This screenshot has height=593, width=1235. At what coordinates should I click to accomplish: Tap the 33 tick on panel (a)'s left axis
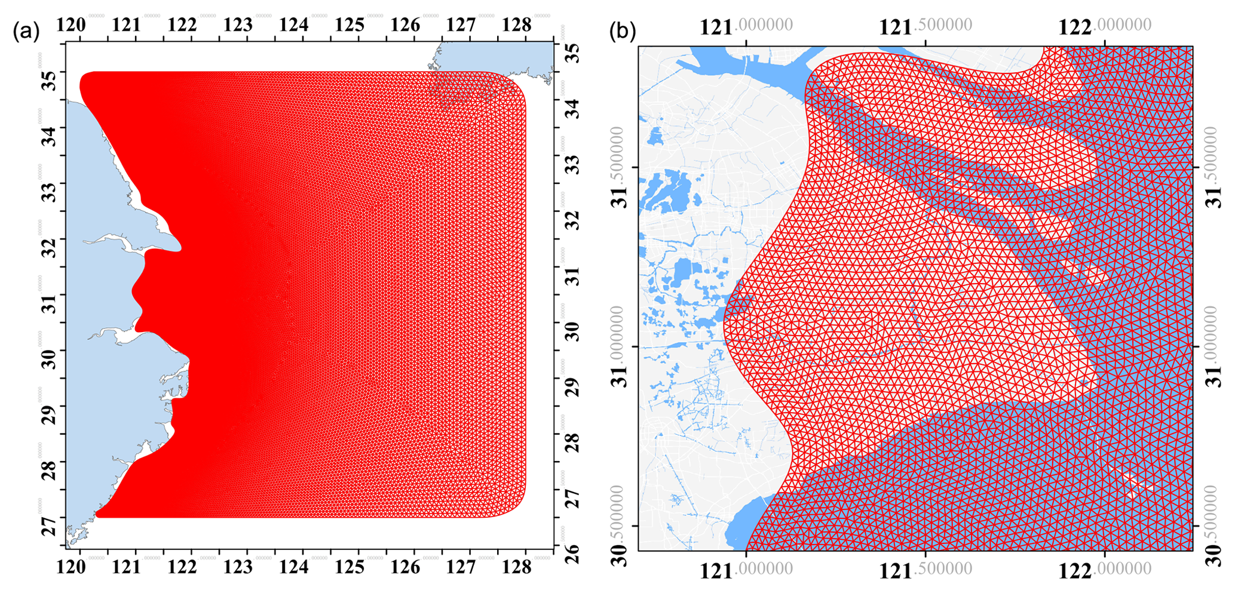pyautogui.click(x=50, y=192)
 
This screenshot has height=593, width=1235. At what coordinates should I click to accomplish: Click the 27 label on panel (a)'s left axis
pyautogui.click(x=50, y=526)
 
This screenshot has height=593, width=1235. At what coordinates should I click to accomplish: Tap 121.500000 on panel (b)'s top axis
pyautogui.click(x=926, y=26)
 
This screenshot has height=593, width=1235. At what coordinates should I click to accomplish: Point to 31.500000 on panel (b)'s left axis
pyautogui.click(x=622, y=168)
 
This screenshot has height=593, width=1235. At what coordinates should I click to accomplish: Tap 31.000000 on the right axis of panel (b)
pyautogui.click(x=1213, y=347)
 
